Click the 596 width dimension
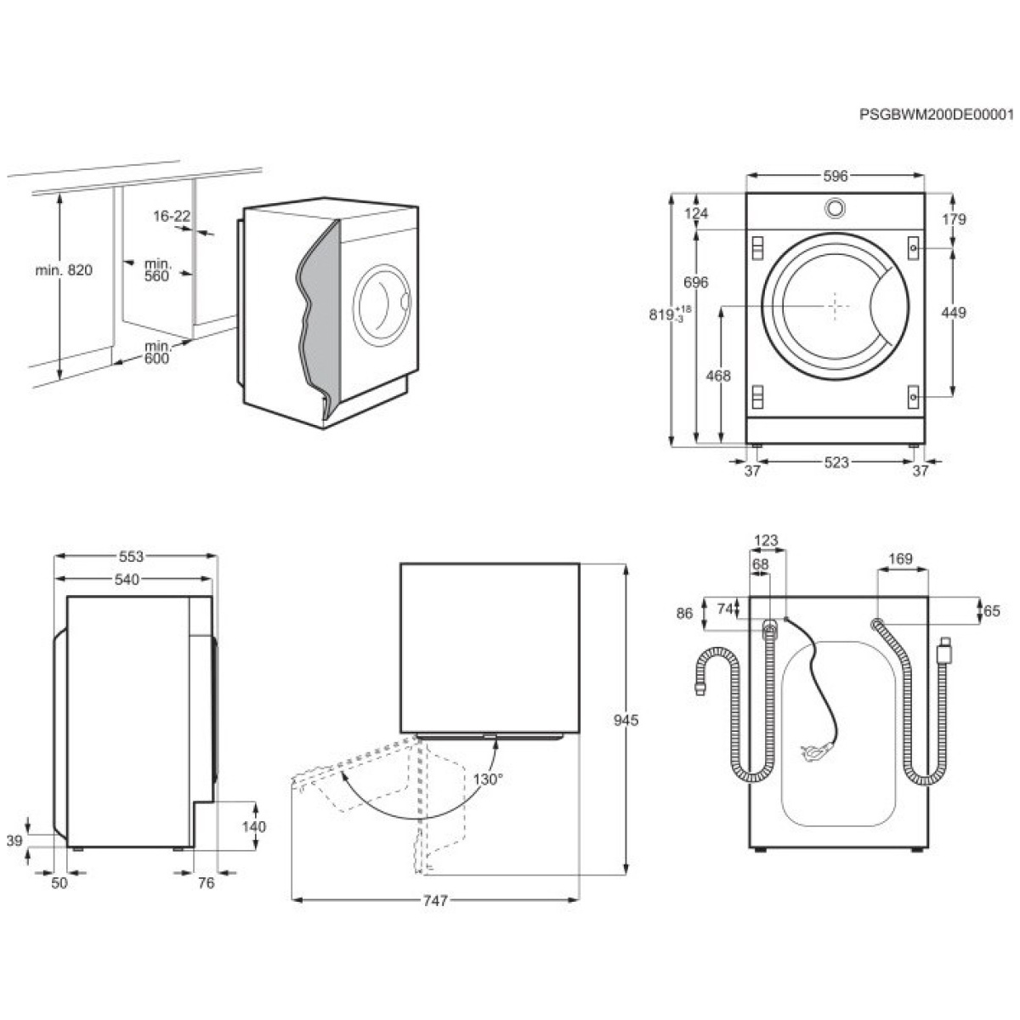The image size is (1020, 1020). pyautogui.click(x=836, y=176)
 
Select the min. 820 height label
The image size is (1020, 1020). pyautogui.click(x=64, y=270)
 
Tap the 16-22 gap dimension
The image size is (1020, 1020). pyautogui.click(x=172, y=216)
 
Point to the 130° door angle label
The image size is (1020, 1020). pyautogui.click(x=488, y=779)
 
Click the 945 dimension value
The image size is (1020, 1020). pyautogui.click(x=626, y=721)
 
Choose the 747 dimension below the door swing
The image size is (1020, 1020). pyautogui.click(x=436, y=900)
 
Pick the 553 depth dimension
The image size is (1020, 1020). pyautogui.click(x=131, y=556)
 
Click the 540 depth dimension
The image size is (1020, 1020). pyautogui.click(x=127, y=580)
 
